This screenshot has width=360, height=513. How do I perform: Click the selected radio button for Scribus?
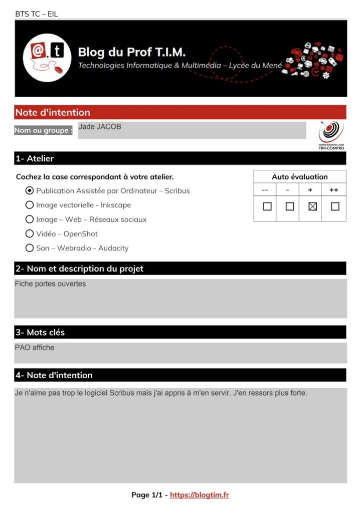pyautogui.click(x=30, y=190)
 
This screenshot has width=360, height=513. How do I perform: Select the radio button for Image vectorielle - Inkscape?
pyautogui.click(x=30, y=205)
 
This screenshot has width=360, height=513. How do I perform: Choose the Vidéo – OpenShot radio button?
pyautogui.click(x=30, y=233)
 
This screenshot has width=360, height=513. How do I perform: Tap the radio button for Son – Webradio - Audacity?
pyautogui.click(x=30, y=248)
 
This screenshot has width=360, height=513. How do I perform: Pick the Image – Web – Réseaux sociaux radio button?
pyautogui.click(x=30, y=219)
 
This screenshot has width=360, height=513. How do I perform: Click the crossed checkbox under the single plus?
pyautogui.click(x=312, y=206)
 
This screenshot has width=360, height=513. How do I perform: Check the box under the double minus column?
pyautogui.click(x=267, y=206)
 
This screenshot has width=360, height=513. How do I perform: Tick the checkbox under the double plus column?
pyautogui.click(x=335, y=206)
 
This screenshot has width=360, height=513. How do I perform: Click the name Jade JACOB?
pyautogui.click(x=100, y=127)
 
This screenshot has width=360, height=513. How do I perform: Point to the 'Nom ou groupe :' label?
pyautogui.click(x=44, y=130)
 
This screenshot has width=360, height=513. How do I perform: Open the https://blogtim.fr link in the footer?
pyautogui.click(x=199, y=495)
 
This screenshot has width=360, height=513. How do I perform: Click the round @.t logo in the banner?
pyautogui.click(x=47, y=58)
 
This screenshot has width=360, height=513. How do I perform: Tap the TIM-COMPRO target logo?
pyautogui.click(x=331, y=134)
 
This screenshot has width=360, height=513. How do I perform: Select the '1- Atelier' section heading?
pyautogui.click(x=35, y=158)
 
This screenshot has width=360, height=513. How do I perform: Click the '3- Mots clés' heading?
pyautogui.click(x=40, y=332)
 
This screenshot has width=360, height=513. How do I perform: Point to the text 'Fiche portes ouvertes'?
pyautogui.click(x=50, y=284)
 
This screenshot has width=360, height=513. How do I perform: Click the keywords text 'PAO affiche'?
pyautogui.click(x=35, y=348)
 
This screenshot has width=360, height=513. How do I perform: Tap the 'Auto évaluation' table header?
pyautogui.click(x=299, y=177)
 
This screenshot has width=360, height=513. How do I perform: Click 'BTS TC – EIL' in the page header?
pyautogui.click(x=37, y=14)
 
